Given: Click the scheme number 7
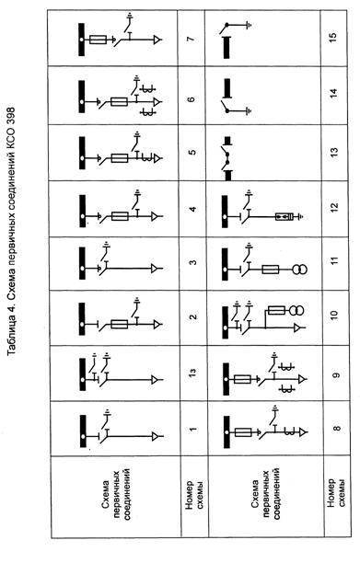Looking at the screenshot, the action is (x=192, y=38).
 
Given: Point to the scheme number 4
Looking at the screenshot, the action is (x=192, y=209).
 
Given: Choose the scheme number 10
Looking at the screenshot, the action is (x=334, y=315).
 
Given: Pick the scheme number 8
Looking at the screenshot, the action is (x=337, y=429).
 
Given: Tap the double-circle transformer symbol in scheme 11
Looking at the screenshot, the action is (x=299, y=270).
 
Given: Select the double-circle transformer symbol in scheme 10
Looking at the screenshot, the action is (x=296, y=310).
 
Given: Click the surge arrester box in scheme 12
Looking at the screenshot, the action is (x=285, y=216).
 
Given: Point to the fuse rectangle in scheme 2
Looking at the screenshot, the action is (x=120, y=324).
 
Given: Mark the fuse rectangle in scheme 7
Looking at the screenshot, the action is (x=98, y=40).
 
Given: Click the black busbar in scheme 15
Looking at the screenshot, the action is (x=226, y=48).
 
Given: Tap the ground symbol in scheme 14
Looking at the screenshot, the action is (x=249, y=110).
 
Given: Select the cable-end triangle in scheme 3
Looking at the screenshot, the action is (x=155, y=269).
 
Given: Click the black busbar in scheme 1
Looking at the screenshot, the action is (x=83, y=431).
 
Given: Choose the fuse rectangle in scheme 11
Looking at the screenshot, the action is (x=270, y=270).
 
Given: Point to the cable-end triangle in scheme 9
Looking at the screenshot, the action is (x=302, y=379).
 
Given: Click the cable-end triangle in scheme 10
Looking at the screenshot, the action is (x=297, y=327).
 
